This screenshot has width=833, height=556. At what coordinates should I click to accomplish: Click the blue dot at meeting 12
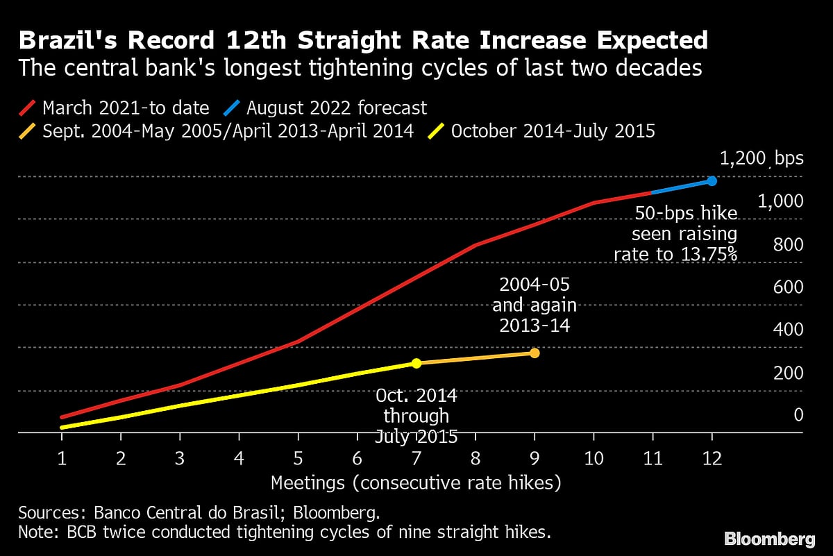coord(712,180)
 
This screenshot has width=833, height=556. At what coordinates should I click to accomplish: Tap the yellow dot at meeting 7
coord(416,363)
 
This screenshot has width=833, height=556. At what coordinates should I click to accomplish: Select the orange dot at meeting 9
coord(535,353)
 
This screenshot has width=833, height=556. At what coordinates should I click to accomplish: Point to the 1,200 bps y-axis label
coord(761,158)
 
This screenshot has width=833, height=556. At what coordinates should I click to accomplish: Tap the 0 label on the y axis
coord(798,415)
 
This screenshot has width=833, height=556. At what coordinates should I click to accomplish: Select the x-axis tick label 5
coord(298,458)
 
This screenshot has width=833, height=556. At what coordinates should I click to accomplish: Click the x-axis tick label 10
coord(594,458)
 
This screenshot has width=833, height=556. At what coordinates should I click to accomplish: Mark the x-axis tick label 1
coord(62,458)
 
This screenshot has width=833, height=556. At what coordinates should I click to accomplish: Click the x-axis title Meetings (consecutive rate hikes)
coord(416,482)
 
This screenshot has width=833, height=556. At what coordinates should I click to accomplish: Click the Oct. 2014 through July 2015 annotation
coord(416,416)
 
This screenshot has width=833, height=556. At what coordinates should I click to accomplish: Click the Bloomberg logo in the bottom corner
coord(770,539)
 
